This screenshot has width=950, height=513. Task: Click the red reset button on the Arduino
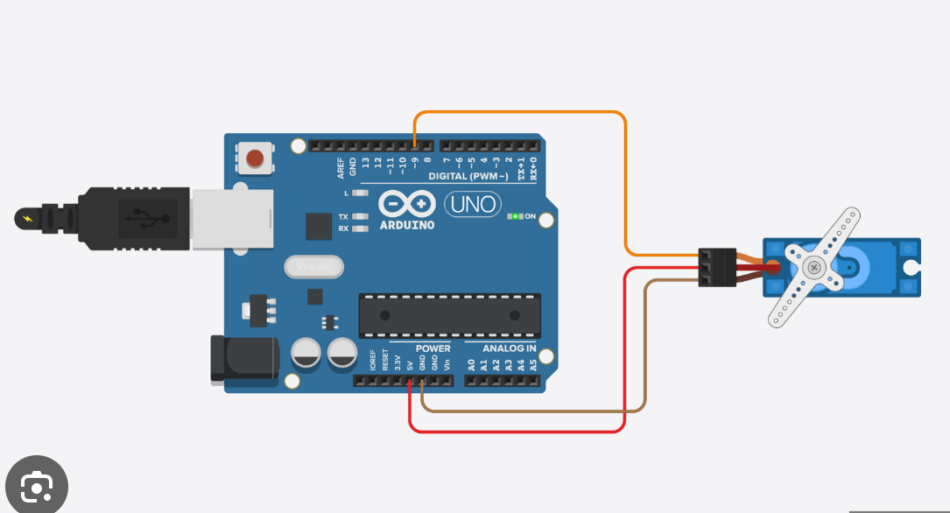[255, 158]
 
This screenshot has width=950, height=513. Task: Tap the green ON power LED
[517, 215]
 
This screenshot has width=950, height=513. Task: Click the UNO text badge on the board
[474, 205]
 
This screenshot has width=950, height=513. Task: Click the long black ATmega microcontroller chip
[449, 315]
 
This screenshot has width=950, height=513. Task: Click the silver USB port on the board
[231, 218]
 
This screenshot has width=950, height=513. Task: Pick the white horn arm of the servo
[813, 267]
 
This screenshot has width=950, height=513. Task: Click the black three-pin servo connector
[716, 267]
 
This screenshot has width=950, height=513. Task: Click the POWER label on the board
[433, 348]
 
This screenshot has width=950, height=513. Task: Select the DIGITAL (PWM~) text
[468, 176]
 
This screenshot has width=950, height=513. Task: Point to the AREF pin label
[341, 165]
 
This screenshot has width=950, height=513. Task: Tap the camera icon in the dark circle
[36, 486]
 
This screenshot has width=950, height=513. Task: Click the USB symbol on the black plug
[141, 216]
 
